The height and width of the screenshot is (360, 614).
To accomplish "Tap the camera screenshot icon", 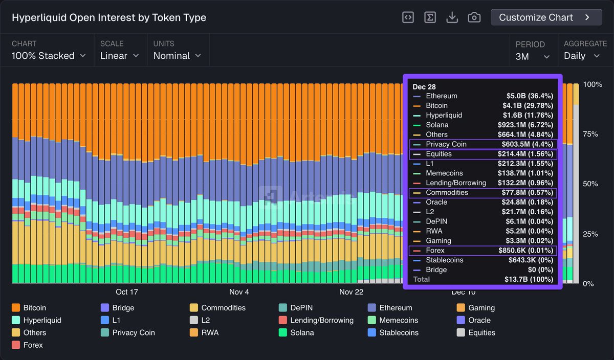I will (x=474, y=17).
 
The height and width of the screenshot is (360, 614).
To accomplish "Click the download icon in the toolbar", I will (x=452, y=17).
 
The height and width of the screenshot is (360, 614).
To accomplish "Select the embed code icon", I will (x=408, y=17).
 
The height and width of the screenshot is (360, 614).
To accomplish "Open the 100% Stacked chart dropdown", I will (x=48, y=56).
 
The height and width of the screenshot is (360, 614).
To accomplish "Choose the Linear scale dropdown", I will (x=119, y=56).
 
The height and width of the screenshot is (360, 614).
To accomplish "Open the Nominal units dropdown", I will (x=177, y=56).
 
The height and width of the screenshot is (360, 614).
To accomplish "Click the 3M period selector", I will (x=532, y=56).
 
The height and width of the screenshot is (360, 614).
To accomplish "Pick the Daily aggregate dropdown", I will (x=582, y=56).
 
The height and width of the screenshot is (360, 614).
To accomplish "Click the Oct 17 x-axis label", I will (x=127, y=292).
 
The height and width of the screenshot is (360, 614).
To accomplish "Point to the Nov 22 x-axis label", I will (x=351, y=292).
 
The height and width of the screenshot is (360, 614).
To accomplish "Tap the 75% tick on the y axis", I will (x=590, y=134).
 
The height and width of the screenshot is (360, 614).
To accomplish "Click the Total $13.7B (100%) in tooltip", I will (x=528, y=279).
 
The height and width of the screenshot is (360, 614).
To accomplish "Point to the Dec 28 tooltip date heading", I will (x=424, y=87).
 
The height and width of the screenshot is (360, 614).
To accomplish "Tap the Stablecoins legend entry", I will (x=393, y=332).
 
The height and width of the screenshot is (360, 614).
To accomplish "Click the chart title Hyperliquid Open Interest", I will (x=109, y=17).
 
